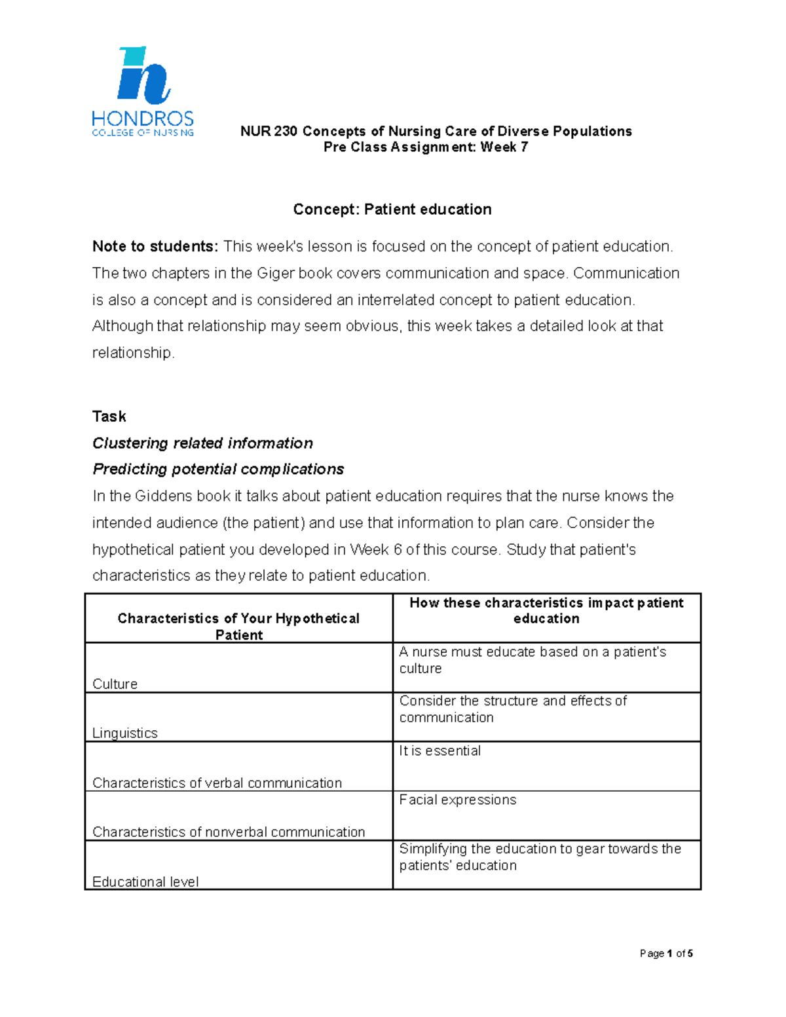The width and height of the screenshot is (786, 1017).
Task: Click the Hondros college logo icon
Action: [143, 76]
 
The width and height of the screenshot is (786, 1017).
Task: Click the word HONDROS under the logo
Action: [143, 119]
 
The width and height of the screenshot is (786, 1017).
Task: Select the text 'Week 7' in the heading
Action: [504, 147]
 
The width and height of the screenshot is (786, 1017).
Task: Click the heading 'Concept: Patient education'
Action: [392, 210]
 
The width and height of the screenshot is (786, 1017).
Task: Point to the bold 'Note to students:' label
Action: [155, 247]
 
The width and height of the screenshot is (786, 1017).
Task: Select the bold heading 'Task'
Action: [109, 416]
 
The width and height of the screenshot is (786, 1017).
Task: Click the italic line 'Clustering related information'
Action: [202, 443]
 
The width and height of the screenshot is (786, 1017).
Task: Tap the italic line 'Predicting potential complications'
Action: [218, 470]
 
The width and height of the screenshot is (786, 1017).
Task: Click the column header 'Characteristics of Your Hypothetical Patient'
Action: [238, 626]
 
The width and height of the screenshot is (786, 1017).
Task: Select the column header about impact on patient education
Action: [546, 610]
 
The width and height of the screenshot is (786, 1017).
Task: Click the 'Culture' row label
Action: [115, 684]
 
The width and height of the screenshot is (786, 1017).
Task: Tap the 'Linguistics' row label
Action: [125, 733]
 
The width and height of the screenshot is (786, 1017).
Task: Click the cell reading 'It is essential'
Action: [440, 751]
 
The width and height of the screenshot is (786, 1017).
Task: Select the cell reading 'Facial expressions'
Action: [457, 800]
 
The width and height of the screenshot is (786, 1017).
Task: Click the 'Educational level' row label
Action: [145, 882]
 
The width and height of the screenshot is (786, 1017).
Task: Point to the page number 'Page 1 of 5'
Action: [666, 953]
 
